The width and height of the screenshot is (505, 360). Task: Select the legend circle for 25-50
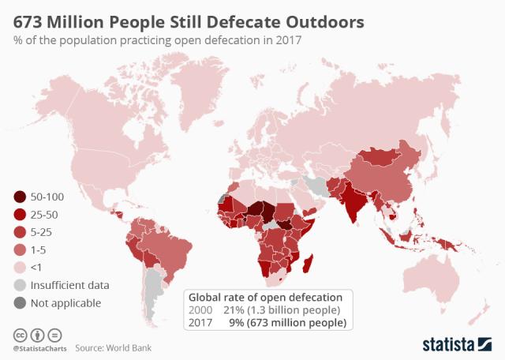(x=20, y=215)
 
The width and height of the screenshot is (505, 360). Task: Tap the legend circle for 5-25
(x=20, y=232)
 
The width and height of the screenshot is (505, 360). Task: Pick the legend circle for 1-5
(x=20, y=249)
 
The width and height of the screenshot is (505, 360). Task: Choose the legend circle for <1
(x=20, y=267)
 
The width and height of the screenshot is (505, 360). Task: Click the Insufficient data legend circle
(x=20, y=285)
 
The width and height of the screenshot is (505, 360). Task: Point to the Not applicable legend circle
(x=20, y=302)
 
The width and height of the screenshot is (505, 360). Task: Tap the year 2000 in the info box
(x=200, y=310)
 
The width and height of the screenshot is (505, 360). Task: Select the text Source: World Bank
(x=113, y=347)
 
